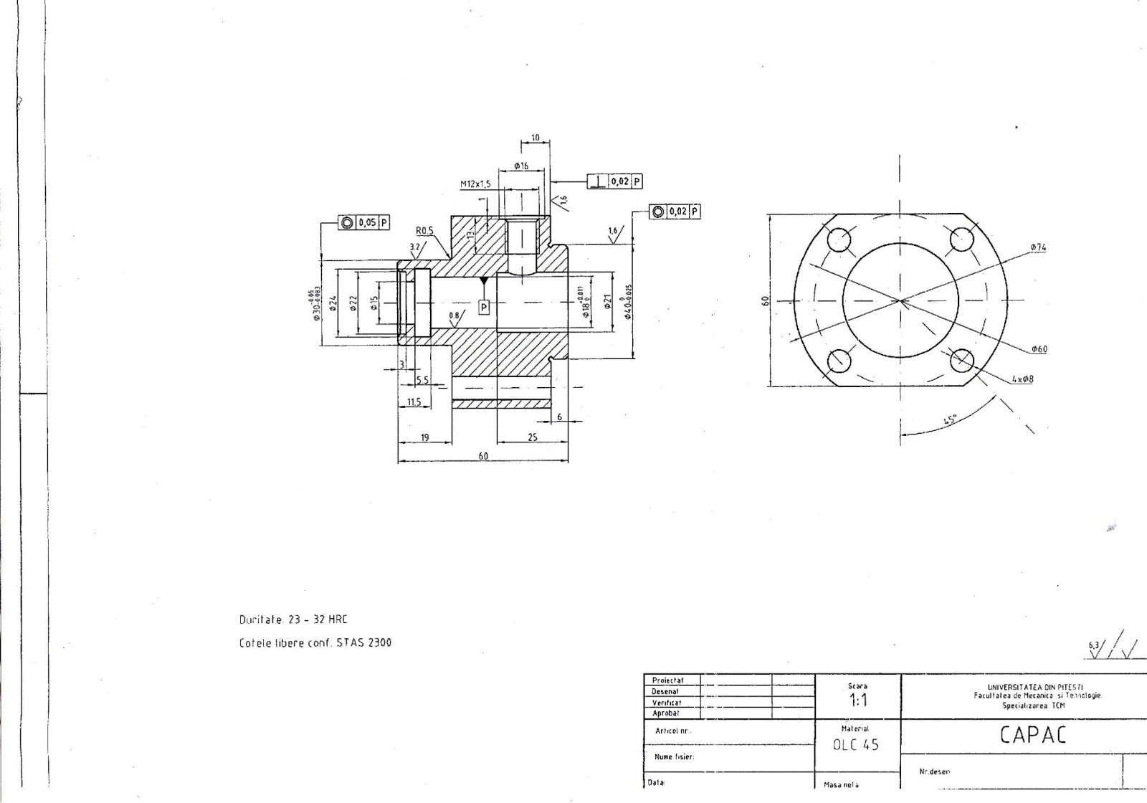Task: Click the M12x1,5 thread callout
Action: [x=475, y=184]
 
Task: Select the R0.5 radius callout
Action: [x=424, y=231]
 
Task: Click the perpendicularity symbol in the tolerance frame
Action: [x=598, y=181]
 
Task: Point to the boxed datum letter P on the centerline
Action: [x=484, y=307]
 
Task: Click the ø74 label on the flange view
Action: [x=1038, y=247]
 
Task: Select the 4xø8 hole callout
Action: [x=1022, y=379]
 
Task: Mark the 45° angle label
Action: [x=951, y=419]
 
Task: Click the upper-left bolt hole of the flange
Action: [x=839, y=239]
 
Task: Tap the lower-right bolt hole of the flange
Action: [x=961, y=361]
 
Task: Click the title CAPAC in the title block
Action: [x=1032, y=735]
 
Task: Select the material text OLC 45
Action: [x=855, y=745]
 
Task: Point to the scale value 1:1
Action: [x=857, y=700]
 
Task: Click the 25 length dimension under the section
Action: [x=532, y=437]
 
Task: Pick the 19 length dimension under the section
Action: [x=424, y=437]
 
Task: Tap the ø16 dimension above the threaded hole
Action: [x=521, y=166]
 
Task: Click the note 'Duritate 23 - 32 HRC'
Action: [x=293, y=619]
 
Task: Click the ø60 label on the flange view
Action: [x=1039, y=349]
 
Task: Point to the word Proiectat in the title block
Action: [x=668, y=680]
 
